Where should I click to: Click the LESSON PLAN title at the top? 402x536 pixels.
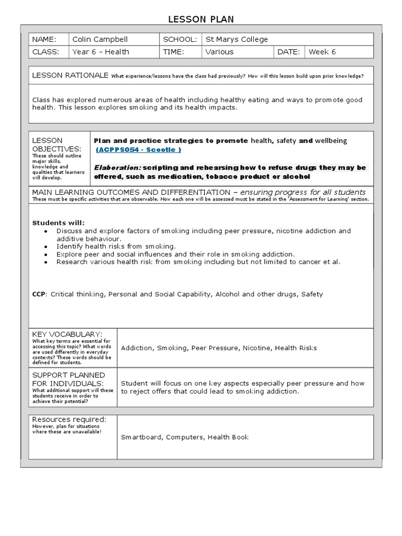tap(201, 19)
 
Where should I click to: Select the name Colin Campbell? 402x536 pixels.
tap(100, 39)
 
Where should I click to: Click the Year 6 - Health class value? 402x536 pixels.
tap(100, 52)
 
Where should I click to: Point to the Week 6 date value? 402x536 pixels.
tap(322, 52)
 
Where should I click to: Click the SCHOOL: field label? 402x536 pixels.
tap(180, 39)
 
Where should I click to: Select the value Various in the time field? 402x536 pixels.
tap(219, 52)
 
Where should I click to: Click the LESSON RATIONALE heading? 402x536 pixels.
tap(70, 75)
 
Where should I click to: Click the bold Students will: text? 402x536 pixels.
tap(59, 222)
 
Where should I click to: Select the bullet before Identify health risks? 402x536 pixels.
tap(46, 247)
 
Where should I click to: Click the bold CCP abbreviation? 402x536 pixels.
tap(39, 294)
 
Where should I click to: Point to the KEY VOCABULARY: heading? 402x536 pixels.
tap(67, 334)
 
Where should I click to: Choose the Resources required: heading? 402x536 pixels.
tap(69, 419)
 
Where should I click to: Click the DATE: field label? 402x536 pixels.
tap(289, 52)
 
